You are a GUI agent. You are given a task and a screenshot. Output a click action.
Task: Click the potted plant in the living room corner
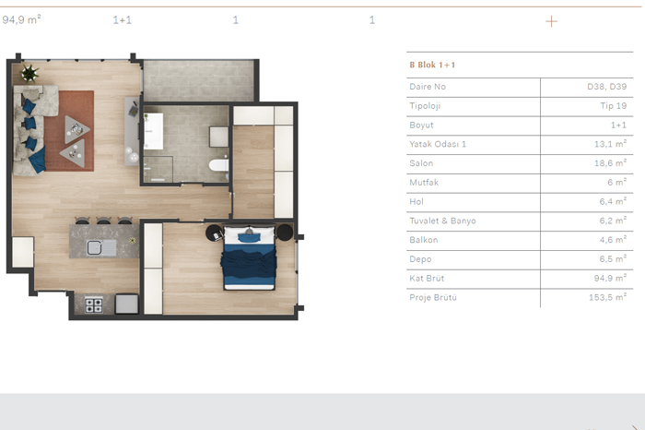coord(29,73)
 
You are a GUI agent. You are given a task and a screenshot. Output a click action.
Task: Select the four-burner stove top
coord(94,305)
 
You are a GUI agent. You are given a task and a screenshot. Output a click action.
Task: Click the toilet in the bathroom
coord(219,165)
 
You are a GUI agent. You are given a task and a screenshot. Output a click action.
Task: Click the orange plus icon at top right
coord(551,21)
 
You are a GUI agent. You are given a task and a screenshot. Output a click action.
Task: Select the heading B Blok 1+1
coord(432,65)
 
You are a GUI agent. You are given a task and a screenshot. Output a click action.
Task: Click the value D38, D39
coord(606,87)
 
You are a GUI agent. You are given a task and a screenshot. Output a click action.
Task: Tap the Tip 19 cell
coord(614,106)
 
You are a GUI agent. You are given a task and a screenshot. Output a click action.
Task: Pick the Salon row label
coord(421,163)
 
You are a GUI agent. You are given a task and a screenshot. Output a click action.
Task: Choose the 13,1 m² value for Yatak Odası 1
coord(610,144)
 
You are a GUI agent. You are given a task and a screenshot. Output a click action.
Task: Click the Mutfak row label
coord(424,183)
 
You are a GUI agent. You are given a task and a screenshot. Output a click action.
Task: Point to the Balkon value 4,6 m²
coord(613,240)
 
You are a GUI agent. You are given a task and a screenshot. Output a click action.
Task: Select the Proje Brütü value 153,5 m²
coord(607,297)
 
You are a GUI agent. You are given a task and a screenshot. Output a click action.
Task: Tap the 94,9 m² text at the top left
coord(21,19)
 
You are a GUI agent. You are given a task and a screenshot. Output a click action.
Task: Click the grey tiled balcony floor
coord(199,80)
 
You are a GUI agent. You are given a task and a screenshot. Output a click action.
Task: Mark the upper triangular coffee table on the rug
coord(76,129)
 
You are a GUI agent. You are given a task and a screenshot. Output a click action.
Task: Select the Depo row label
coord(420,259)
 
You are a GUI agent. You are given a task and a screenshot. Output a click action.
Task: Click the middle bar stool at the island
coord(103,221)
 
